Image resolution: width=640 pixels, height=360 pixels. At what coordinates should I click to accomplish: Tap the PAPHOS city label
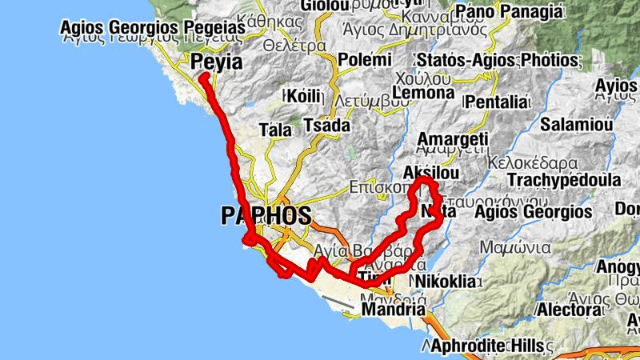click(265, 215)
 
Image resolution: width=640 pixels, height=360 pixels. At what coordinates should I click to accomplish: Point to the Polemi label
click(365, 61)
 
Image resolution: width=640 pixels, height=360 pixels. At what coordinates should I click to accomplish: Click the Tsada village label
click(327, 126)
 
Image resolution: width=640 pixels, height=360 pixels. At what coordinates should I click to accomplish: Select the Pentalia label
click(497, 102)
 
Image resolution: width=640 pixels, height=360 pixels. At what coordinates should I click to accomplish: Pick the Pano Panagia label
click(506, 12)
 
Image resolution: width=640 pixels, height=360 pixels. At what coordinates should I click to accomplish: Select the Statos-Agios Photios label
click(497, 61)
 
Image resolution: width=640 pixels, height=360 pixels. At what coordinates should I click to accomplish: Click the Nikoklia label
click(446, 282)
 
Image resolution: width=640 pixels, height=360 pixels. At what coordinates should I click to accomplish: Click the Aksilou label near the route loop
click(432, 174)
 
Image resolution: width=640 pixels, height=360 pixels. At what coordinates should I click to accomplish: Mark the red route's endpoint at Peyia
click(203, 77)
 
